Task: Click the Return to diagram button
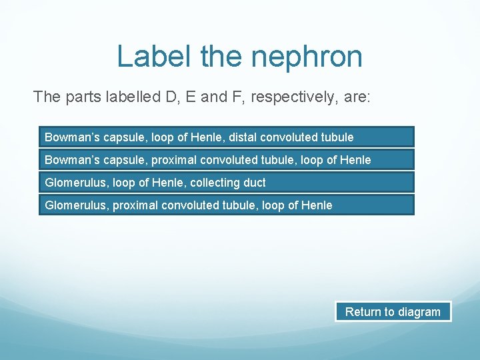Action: point(393,311)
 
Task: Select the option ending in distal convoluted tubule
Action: point(226,137)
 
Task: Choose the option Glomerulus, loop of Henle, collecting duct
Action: point(226,182)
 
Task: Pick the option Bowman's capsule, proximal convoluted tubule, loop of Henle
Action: point(226,160)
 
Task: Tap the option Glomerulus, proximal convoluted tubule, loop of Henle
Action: point(226,205)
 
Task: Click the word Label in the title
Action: point(155,57)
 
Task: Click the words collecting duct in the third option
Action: point(235,182)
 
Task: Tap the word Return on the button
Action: point(361,311)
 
